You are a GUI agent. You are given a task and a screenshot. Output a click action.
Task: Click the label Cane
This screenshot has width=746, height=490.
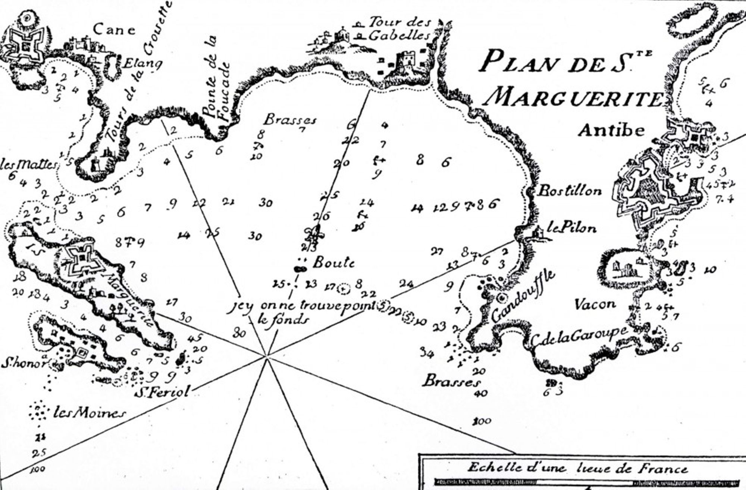pyautogui.click(x=114, y=29)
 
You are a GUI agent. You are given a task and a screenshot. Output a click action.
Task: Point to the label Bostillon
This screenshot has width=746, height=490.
pyautogui.click(x=569, y=191)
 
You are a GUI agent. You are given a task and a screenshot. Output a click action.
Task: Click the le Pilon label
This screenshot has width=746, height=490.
pyautogui.click(x=571, y=228)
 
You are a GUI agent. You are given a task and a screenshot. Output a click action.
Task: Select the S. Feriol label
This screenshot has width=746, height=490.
pyautogui.click(x=162, y=392)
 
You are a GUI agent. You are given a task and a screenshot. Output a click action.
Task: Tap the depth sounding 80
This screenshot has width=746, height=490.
pyautogui.click(x=239, y=333)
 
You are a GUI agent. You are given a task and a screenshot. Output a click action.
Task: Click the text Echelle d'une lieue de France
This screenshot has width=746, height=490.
pyautogui.click(x=577, y=468)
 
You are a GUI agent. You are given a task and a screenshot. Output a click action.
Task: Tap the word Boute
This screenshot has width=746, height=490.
pyautogui.click(x=333, y=263)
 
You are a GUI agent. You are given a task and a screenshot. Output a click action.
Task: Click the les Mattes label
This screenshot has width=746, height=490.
pyautogui.click(x=28, y=164)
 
